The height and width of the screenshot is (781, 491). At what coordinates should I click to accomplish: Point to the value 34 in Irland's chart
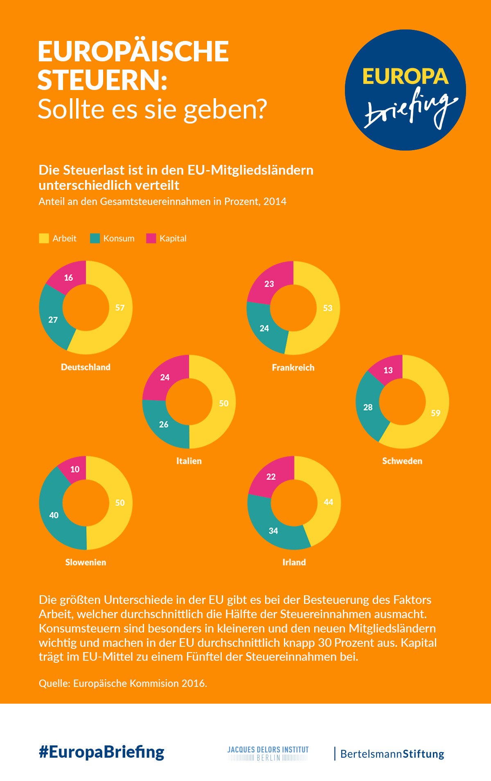[x=273, y=531]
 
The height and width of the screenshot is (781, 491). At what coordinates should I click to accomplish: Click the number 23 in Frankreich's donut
[x=269, y=284]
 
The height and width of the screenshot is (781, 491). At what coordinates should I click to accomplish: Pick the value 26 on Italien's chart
[x=164, y=424]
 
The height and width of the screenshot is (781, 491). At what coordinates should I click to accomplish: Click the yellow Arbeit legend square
[x=44, y=239]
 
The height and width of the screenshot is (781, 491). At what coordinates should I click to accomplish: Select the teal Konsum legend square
[x=95, y=239]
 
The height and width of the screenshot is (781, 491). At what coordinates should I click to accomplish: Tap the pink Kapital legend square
[x=151, y=239]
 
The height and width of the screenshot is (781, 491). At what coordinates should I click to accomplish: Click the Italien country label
[x=189, y=461]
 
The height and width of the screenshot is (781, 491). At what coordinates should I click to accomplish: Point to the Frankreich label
[x=293, y=367]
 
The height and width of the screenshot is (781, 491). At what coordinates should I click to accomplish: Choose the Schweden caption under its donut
[x=402, y=461]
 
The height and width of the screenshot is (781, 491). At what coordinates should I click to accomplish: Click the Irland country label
[x=294, y=562]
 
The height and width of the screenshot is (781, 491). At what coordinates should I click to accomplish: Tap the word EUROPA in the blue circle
[x=405, y=77]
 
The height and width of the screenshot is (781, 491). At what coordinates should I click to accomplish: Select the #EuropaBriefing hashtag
[x=101, y=752]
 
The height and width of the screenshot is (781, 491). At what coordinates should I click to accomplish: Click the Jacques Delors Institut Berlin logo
[x=268, y=753]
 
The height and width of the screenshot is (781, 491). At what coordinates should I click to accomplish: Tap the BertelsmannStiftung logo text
[x=392, y=754]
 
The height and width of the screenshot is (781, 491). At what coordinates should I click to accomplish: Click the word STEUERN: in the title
[x=103, y=80]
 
